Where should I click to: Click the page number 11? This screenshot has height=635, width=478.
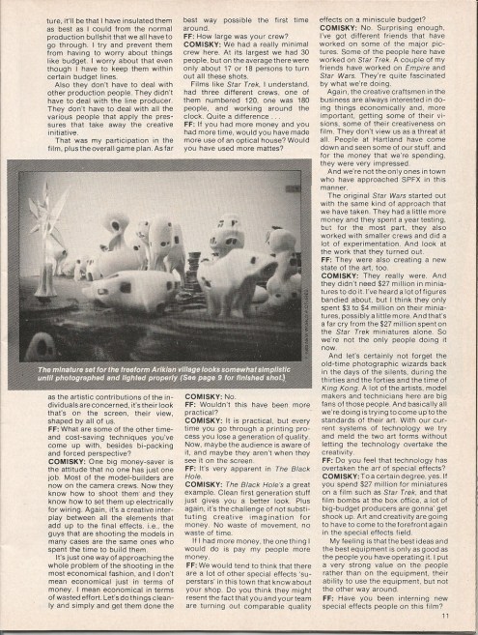[445, 614]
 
